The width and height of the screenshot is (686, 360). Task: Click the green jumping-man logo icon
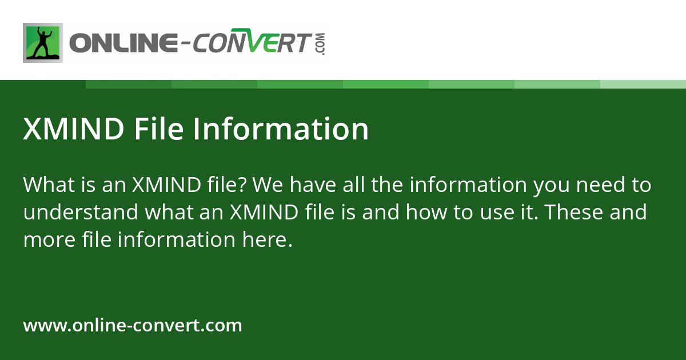click(43, 43)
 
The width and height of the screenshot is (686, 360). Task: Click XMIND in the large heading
click(73, 129)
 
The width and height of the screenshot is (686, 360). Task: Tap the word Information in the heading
click(281, 129)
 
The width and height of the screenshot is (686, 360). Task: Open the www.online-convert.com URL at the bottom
click(133, 326)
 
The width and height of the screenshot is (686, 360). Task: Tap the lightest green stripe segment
click(643, 84)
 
